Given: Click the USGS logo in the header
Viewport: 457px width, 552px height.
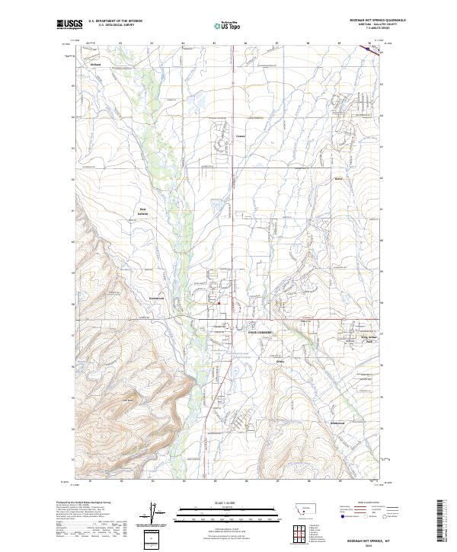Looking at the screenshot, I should [69, 24].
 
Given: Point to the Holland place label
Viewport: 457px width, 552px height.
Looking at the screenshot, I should [96, 65].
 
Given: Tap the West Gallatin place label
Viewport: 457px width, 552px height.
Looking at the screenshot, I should [142, 212].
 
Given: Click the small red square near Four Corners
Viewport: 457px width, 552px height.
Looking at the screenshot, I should [219, 303].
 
